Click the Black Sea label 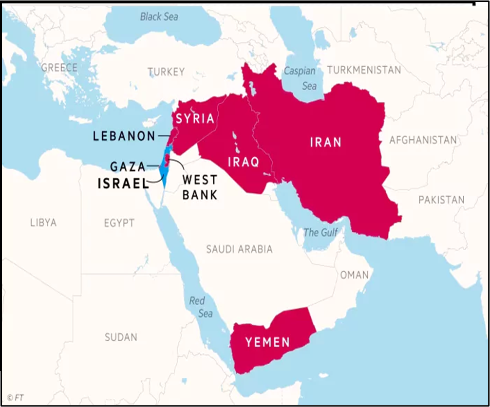click(x=159, y=17)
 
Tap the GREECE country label click(x=59, y=68)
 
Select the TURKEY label click(x=166, y=72)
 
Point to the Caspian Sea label click(x=300, y=78)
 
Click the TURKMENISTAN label click(x=364, y=70)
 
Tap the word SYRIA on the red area click(x=195, y=118)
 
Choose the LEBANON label click(x=124, y=136)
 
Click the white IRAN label click(x=326, y=142)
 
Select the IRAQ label click(x=244, y=162)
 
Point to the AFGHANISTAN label click(x=423, y=140)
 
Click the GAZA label click(x=128, y=167)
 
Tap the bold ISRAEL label click(x=123, y=184)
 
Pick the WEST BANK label click(x=200, y=187)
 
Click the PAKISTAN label click(x=441, y=200)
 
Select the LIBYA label click(x=43, y=222)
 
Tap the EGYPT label click(x=119, y=223)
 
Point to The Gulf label click(x=320, y=232)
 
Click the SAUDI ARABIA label click(x=239, y=249)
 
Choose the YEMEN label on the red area click(x=267, y=342)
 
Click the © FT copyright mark click(x=15, y=398)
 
